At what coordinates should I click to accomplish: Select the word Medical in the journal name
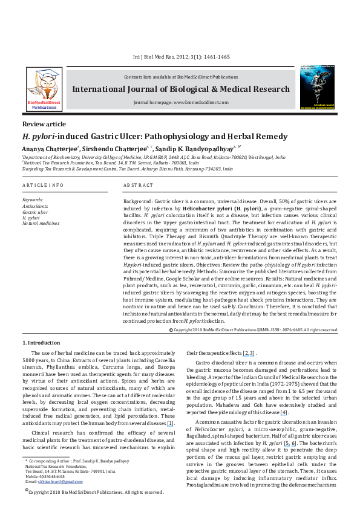[232, 89]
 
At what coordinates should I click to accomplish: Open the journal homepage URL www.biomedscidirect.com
[200, 103]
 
